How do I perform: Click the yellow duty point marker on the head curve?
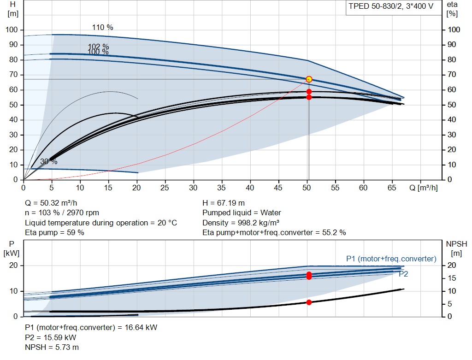click(x=309, y=79)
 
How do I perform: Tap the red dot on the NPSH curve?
click(x=309, y=302)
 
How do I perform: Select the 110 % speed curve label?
click(x=103, y=27)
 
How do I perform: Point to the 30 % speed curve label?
click(x=49, y=162)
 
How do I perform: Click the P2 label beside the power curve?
click(x=403, y=274)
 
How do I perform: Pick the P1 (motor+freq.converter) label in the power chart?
click(x=391, y=259)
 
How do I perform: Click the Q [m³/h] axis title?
click(x=424, y=188)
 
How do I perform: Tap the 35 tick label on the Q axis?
click(x=221, y=188)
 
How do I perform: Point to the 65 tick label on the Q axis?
click(x=392, y=188)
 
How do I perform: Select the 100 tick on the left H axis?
click(x=12, y=30)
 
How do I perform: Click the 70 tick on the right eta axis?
click(x=452, y=75)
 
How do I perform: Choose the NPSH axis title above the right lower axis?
click(x=456, y=248)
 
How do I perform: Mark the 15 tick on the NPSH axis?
click(x=452, y=278)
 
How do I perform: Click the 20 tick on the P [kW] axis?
click(x=13, y=266)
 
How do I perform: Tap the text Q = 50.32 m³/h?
click(x=51, y=203)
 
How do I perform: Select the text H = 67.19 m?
click(x=224, y=203)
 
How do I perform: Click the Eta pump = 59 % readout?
click(x=54, y=233)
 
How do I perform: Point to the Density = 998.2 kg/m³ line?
click(x=241, y=223)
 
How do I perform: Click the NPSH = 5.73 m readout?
click(x=52, y=348)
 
